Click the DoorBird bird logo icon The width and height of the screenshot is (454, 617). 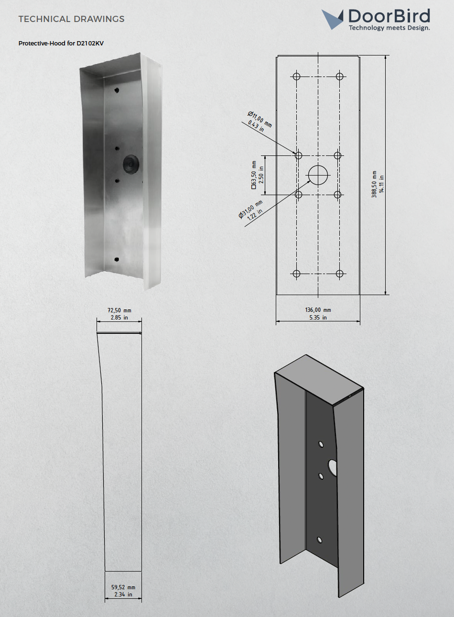click(x=332, y=19)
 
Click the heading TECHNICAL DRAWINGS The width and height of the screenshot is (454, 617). click(x=71, y=19)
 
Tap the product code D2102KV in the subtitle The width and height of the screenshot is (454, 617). click(x=90, y=44)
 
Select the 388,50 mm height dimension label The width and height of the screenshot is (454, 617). click(x=375, y=184)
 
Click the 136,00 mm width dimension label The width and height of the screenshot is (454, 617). click(x=318, y=310)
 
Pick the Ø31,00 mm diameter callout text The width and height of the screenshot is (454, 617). click(x=251, y=209)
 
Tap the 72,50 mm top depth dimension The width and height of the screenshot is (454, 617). click(x=119, y=310)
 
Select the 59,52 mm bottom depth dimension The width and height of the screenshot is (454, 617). click(x=123, y=587)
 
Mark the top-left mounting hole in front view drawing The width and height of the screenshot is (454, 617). click(x=296, y=77)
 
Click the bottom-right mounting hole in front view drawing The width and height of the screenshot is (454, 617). click(x=339, y=274)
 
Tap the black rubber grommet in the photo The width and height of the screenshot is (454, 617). click(x=131, y=164)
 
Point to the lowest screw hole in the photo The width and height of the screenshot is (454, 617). click(x=117, y=259)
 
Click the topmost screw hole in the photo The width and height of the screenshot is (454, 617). click(x=116, y=89)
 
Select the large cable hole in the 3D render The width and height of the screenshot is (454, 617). click(x=332, y=467)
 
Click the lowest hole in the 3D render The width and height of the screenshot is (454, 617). click(x=320, y=540)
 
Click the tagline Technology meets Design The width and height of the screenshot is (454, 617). click(x=389, y=28)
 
